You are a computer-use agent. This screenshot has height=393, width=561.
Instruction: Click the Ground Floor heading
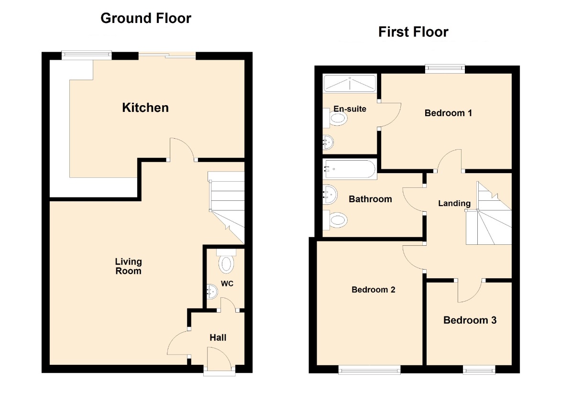point(145,18)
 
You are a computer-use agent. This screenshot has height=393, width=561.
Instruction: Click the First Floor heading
point(413,32)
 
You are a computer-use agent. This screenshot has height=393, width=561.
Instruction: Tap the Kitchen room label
point(145,108)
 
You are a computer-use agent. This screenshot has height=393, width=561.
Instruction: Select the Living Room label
point(128,266)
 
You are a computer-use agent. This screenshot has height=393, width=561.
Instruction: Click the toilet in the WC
point(226,261)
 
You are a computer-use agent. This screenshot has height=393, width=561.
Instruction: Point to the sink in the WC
point(212,292)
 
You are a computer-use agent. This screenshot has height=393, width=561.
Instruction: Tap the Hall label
point(218,338)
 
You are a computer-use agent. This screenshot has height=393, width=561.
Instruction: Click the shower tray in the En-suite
point(350,83)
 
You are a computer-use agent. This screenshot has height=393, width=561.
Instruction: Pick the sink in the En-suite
point(328,142)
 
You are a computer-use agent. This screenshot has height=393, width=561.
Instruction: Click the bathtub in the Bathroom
point(350,169)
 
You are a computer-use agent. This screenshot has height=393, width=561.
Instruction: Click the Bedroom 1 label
point(448,113)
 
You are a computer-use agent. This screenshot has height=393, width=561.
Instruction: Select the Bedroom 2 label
point(374,290)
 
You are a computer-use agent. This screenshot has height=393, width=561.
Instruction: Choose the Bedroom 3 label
point(470,320)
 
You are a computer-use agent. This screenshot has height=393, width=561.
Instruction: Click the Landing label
point(454,204)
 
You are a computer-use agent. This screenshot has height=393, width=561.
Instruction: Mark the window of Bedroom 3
point(479,370)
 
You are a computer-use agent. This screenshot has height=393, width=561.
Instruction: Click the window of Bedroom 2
point(370,370)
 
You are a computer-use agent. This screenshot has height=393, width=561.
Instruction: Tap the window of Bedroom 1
point(445,69)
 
